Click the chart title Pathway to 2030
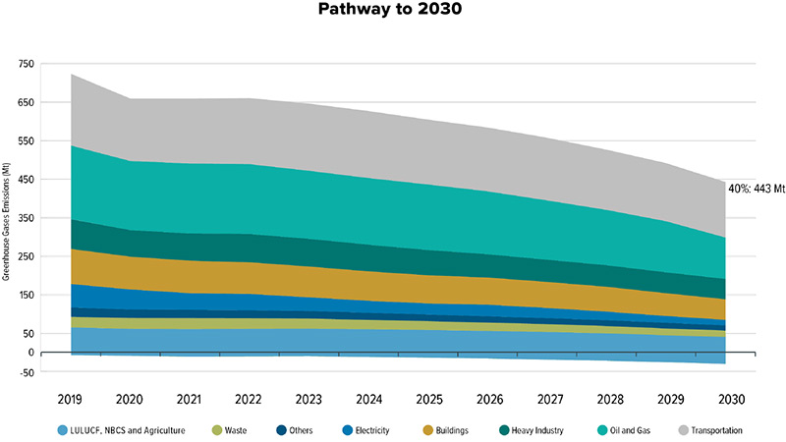pos(392,13)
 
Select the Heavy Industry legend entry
pos(539,430)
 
